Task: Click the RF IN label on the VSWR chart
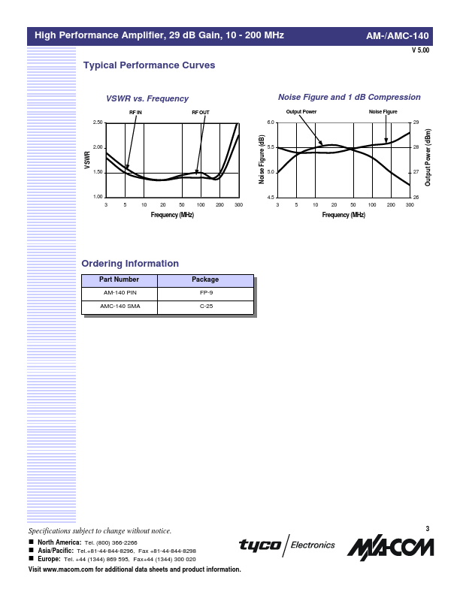[x=135, y=112]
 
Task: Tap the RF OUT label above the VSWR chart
[x=201, y=112]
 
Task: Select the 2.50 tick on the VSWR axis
[x=97, y=122]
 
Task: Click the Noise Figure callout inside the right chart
[x=383, y=112]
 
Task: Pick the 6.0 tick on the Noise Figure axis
[x=271, y=122]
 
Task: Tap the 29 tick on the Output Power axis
[x=416, y=122]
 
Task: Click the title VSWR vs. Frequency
[x=147, y=98]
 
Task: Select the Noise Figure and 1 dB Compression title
[x=350, y=98]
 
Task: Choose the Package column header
[x=205, y=280]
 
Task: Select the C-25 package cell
[x=205, y=307]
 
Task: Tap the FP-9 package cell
[x=205, y=294]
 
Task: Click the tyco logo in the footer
[x=260, y=545]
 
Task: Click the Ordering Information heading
[x=130, y=264]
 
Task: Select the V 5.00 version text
[x=420, y=50]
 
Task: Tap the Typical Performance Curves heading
[x=149, y=65]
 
